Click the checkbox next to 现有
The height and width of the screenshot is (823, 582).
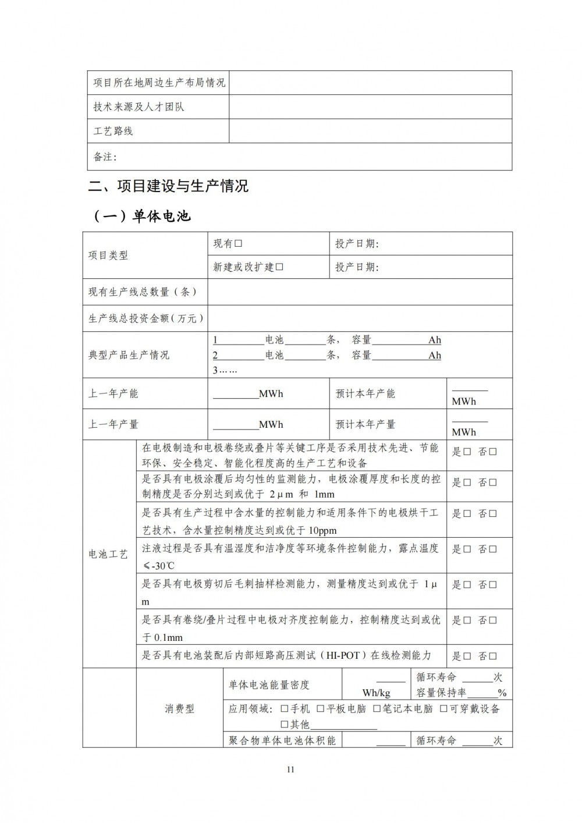238,244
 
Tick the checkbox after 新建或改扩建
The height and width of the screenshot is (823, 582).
279,267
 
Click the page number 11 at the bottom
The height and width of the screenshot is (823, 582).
291,769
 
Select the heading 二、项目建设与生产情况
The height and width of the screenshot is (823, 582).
168,186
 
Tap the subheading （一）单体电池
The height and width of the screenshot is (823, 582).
142,216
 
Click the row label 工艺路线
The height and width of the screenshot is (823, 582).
113,131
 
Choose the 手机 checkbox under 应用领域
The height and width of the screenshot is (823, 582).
285,709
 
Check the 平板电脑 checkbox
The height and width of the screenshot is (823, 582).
321,709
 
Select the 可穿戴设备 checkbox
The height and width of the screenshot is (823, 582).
443,709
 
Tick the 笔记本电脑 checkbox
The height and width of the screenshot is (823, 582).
377,709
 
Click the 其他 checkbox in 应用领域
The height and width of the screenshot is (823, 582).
285,725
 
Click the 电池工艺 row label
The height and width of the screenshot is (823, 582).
108,554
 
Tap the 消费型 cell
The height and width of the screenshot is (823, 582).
180,709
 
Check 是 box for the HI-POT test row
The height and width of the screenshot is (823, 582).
467,656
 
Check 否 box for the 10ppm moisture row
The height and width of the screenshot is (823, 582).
493,514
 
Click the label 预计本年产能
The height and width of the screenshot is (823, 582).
365,393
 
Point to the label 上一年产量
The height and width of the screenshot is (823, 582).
113,424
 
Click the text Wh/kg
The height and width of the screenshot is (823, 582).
376,693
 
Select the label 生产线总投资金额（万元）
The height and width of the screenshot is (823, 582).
146,318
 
